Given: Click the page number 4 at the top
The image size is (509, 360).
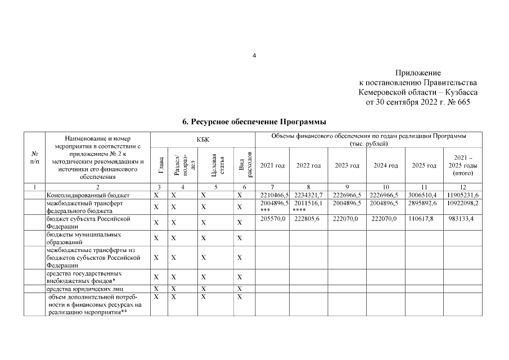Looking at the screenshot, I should click(254, 56).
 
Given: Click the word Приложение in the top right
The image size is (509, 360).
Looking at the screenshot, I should click(418, 73).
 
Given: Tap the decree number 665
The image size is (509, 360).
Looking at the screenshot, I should click(463, 102).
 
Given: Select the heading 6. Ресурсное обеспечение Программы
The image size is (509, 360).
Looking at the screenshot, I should click(254, 121).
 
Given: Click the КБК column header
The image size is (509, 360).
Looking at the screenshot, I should click(204, 138).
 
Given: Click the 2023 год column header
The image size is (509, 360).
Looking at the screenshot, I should click(347, 166).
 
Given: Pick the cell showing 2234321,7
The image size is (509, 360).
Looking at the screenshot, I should click(309, 195).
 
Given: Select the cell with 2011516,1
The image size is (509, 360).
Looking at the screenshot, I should click(309, 202).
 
